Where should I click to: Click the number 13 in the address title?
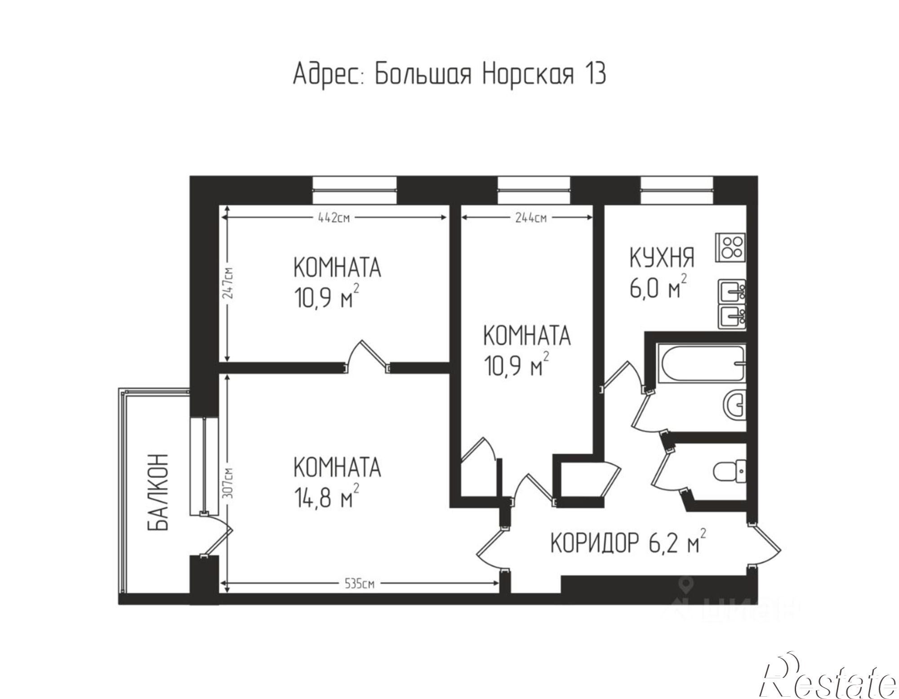pyautogui.click(x=595, y=74)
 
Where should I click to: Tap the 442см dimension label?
pyautogui.click(x=334, y=218)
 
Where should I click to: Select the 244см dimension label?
pyautogui.click(x=530, y=218)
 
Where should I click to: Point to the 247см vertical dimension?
pyautogui.click(x=229, y=286)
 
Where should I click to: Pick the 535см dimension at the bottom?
pyautogui.click(x=359, y=584)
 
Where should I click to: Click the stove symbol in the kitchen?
pyautogui.click(x=730, y=247)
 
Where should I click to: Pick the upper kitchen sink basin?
pyautogui.click(x=732, y=291)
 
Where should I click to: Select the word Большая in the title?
pyautogui.click(x=423, y=74)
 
